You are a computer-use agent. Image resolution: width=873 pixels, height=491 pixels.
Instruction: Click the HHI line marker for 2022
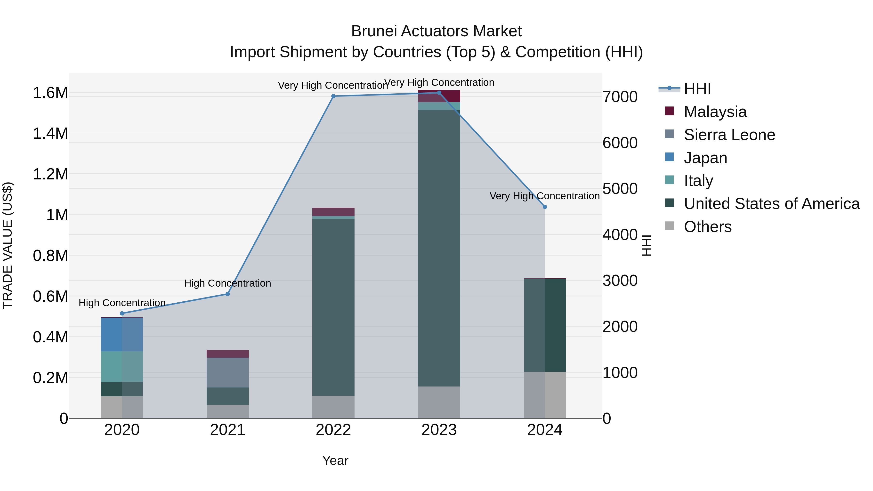[x=333, y=96]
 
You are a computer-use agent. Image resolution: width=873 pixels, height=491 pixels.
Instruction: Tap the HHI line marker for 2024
[x=545, y=207]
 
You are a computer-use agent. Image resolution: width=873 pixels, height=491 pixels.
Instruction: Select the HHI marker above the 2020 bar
[x=122, y=314]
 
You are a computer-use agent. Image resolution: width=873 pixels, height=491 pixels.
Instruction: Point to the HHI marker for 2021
[x=228, y=294]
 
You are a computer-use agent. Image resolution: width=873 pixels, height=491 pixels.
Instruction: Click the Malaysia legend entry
[x=715, y=112]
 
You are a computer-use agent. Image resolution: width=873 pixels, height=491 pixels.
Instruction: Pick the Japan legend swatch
[x=669, y=157]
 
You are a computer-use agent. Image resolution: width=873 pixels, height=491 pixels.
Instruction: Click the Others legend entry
[x=708, y=227]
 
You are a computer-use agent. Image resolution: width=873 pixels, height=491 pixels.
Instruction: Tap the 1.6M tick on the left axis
[x=50, y=93]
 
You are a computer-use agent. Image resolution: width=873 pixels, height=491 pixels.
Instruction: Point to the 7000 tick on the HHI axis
[x=620, y=97]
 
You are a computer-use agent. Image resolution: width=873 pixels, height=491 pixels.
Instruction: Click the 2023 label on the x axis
[x=439, y=430]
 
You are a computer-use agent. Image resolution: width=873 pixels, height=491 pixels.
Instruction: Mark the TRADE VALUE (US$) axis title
[x=8, y=245]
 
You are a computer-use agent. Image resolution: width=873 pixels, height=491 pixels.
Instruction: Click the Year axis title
[x=335, y=460]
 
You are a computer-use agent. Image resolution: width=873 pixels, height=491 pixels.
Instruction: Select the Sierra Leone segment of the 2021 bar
[x=228, y=372]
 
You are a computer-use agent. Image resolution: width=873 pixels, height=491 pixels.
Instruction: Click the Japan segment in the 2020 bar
[x=122, y=334]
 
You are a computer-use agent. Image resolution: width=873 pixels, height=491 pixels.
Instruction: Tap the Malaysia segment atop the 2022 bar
[x=333, y=212]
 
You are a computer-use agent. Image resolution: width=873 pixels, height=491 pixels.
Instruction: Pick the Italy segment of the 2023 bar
[x=439, y=106]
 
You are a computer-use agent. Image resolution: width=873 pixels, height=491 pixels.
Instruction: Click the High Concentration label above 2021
[x=227, y=283]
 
